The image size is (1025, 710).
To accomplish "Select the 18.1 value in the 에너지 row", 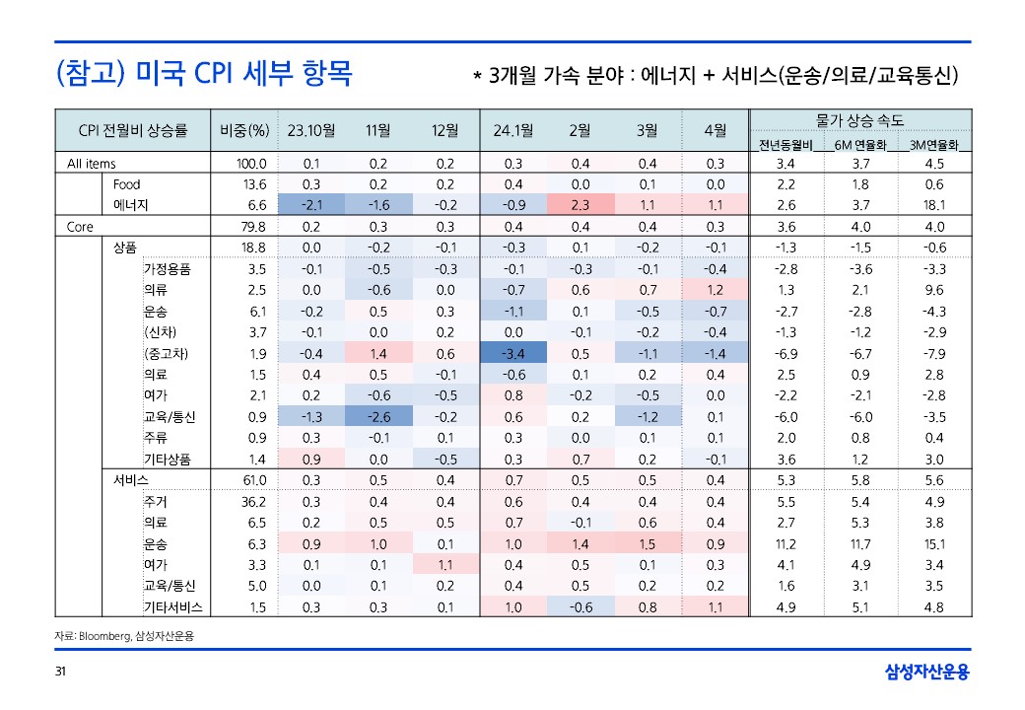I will (934, 205).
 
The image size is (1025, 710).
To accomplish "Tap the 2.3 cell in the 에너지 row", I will (580, 205).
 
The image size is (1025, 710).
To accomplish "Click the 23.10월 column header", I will (311, 130).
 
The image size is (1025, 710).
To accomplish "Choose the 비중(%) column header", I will (244, 130).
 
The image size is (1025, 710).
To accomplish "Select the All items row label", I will (92, 164).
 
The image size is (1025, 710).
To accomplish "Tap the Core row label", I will (80, 227).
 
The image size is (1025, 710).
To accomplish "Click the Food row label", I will (127, 184).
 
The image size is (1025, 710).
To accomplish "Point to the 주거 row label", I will (155, 502).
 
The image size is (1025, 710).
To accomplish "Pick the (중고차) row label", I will (166, 354).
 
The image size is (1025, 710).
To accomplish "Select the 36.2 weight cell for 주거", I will (254, 502).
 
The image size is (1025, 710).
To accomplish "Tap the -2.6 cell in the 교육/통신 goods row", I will (378, 417).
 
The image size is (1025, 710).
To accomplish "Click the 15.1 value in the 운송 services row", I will (934, 544).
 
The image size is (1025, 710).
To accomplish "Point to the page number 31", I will (60, 673).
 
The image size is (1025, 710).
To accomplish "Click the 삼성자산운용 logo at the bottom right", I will (926, 673).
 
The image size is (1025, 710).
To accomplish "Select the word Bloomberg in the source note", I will (106, 636).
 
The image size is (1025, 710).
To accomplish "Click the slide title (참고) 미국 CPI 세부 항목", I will (204, 74).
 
